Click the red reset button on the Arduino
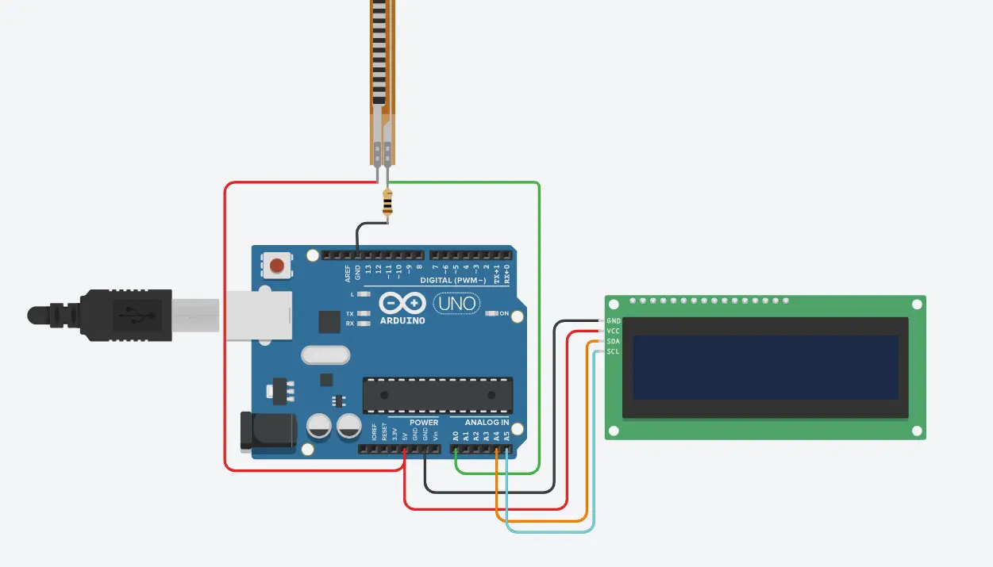tap(277, 266)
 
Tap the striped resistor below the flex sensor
tap(387, 204)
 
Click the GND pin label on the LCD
tap(613, 321)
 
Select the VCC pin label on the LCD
tap(613, 331)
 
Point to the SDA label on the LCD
tap(613, 341)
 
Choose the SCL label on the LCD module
tap(613, 351)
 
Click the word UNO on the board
tap(456, 303)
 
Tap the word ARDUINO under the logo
tap(402, 320)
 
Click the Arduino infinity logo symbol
tap(402, 303)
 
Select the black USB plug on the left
tap(111, 315)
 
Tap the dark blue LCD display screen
tap(765, 367)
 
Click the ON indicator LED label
tap(504, 314)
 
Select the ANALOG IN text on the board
tap(487, 423)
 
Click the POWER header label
tap(424, 423)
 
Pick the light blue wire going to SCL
tap(592, 444)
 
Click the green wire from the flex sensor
tap(539, 317)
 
